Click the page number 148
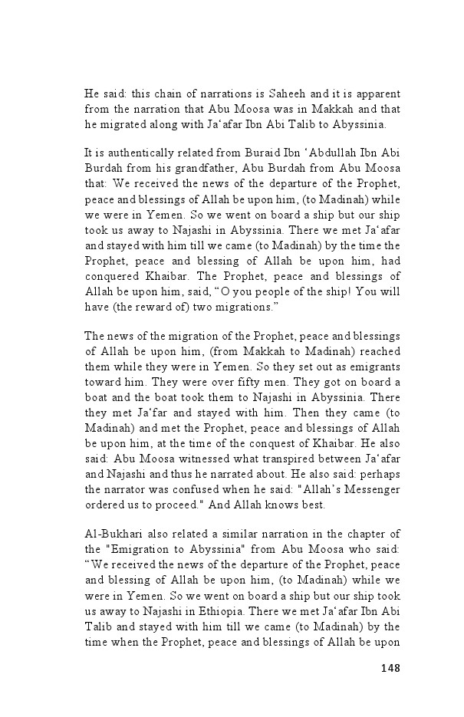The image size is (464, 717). tap(390, 667)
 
